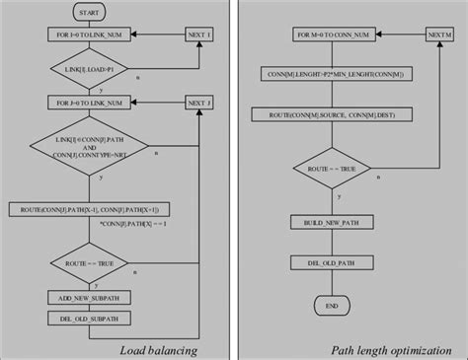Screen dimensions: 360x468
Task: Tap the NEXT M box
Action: (x=440, y=35)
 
